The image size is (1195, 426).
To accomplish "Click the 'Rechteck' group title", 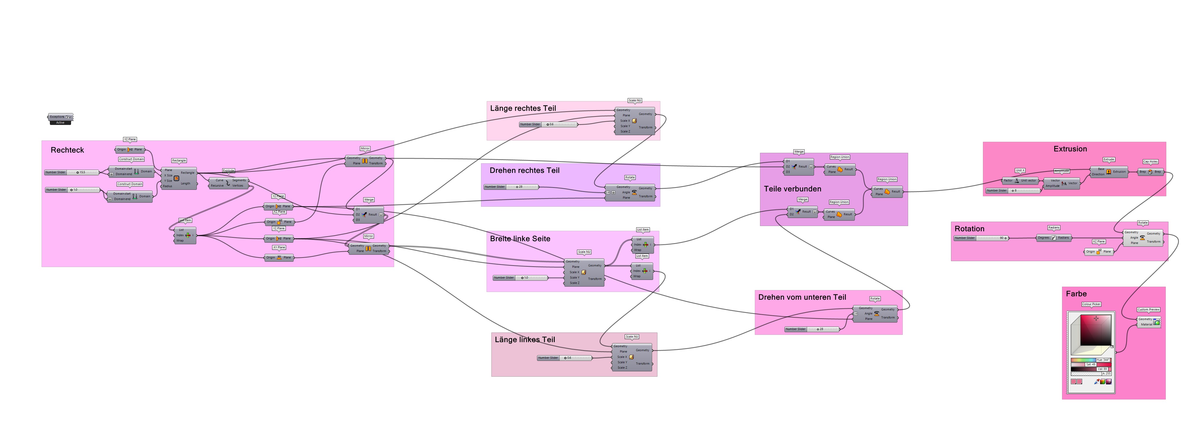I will point(67,150).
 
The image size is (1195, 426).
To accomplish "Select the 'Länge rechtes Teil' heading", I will point(523,108).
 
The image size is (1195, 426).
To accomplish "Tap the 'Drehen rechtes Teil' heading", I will point(524,170).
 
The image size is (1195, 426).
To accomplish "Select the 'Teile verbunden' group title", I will point(792,189).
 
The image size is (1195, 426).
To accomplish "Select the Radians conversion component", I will point(1053,238).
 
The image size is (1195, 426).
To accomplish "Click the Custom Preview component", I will point(1149,322).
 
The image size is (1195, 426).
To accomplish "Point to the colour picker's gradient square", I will point(1096,329).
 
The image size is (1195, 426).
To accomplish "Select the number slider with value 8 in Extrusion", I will point(1013,191).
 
